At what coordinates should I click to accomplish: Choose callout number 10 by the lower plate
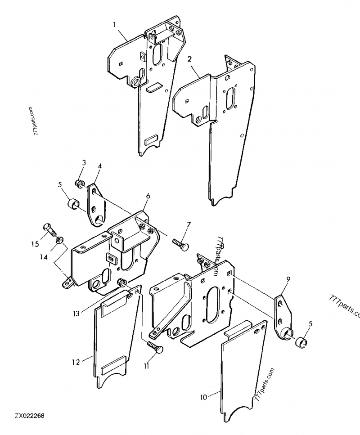pyautogui.click(x=203, y=396)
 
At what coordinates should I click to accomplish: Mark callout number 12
pyautogui.click(x=75, y=361)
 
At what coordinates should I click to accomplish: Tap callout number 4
pyautogui.click(x=99, y=166)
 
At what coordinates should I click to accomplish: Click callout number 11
pyautogui.click(x=147, y=366)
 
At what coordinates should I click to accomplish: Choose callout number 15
pyautogui.click(x=35, y=244)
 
